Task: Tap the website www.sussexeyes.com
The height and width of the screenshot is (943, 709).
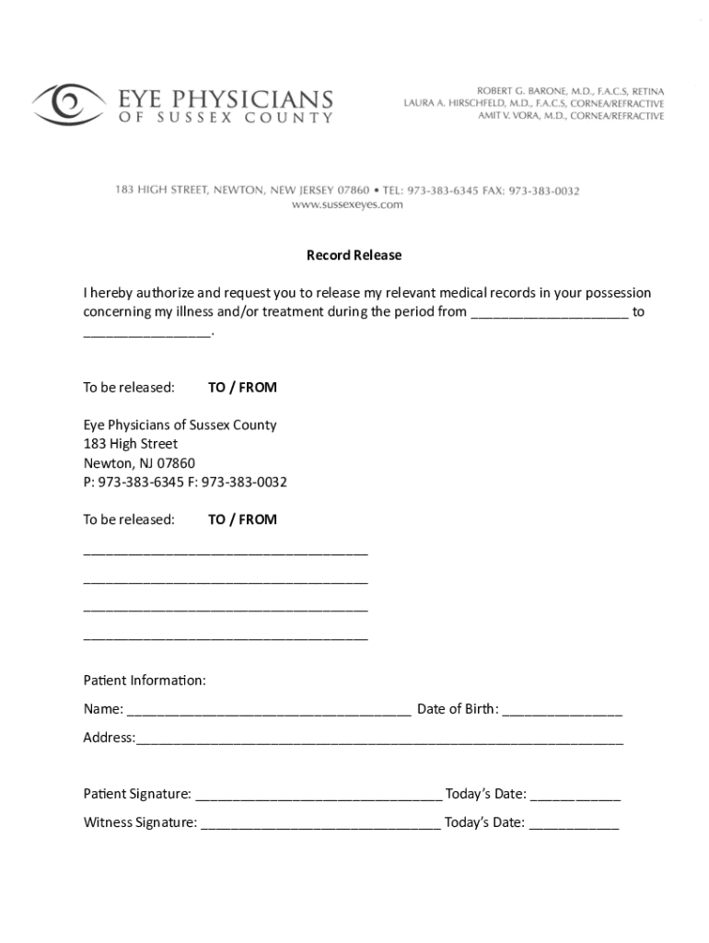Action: point(347,205)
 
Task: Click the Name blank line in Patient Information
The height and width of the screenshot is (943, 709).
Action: point(269,711)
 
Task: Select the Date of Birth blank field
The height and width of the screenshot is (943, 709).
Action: point(563,711)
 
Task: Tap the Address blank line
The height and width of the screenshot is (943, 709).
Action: point(379,739)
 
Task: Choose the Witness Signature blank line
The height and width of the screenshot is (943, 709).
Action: point(320,824)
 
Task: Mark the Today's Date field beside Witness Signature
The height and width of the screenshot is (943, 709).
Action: point(574,824)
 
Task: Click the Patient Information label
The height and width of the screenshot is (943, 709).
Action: point(145,681)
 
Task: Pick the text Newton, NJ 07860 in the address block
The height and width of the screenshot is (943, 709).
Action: point(139,463)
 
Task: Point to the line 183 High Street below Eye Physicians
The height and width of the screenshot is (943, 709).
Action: point(131,444)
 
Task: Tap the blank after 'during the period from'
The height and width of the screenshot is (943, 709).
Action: point(550,313)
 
